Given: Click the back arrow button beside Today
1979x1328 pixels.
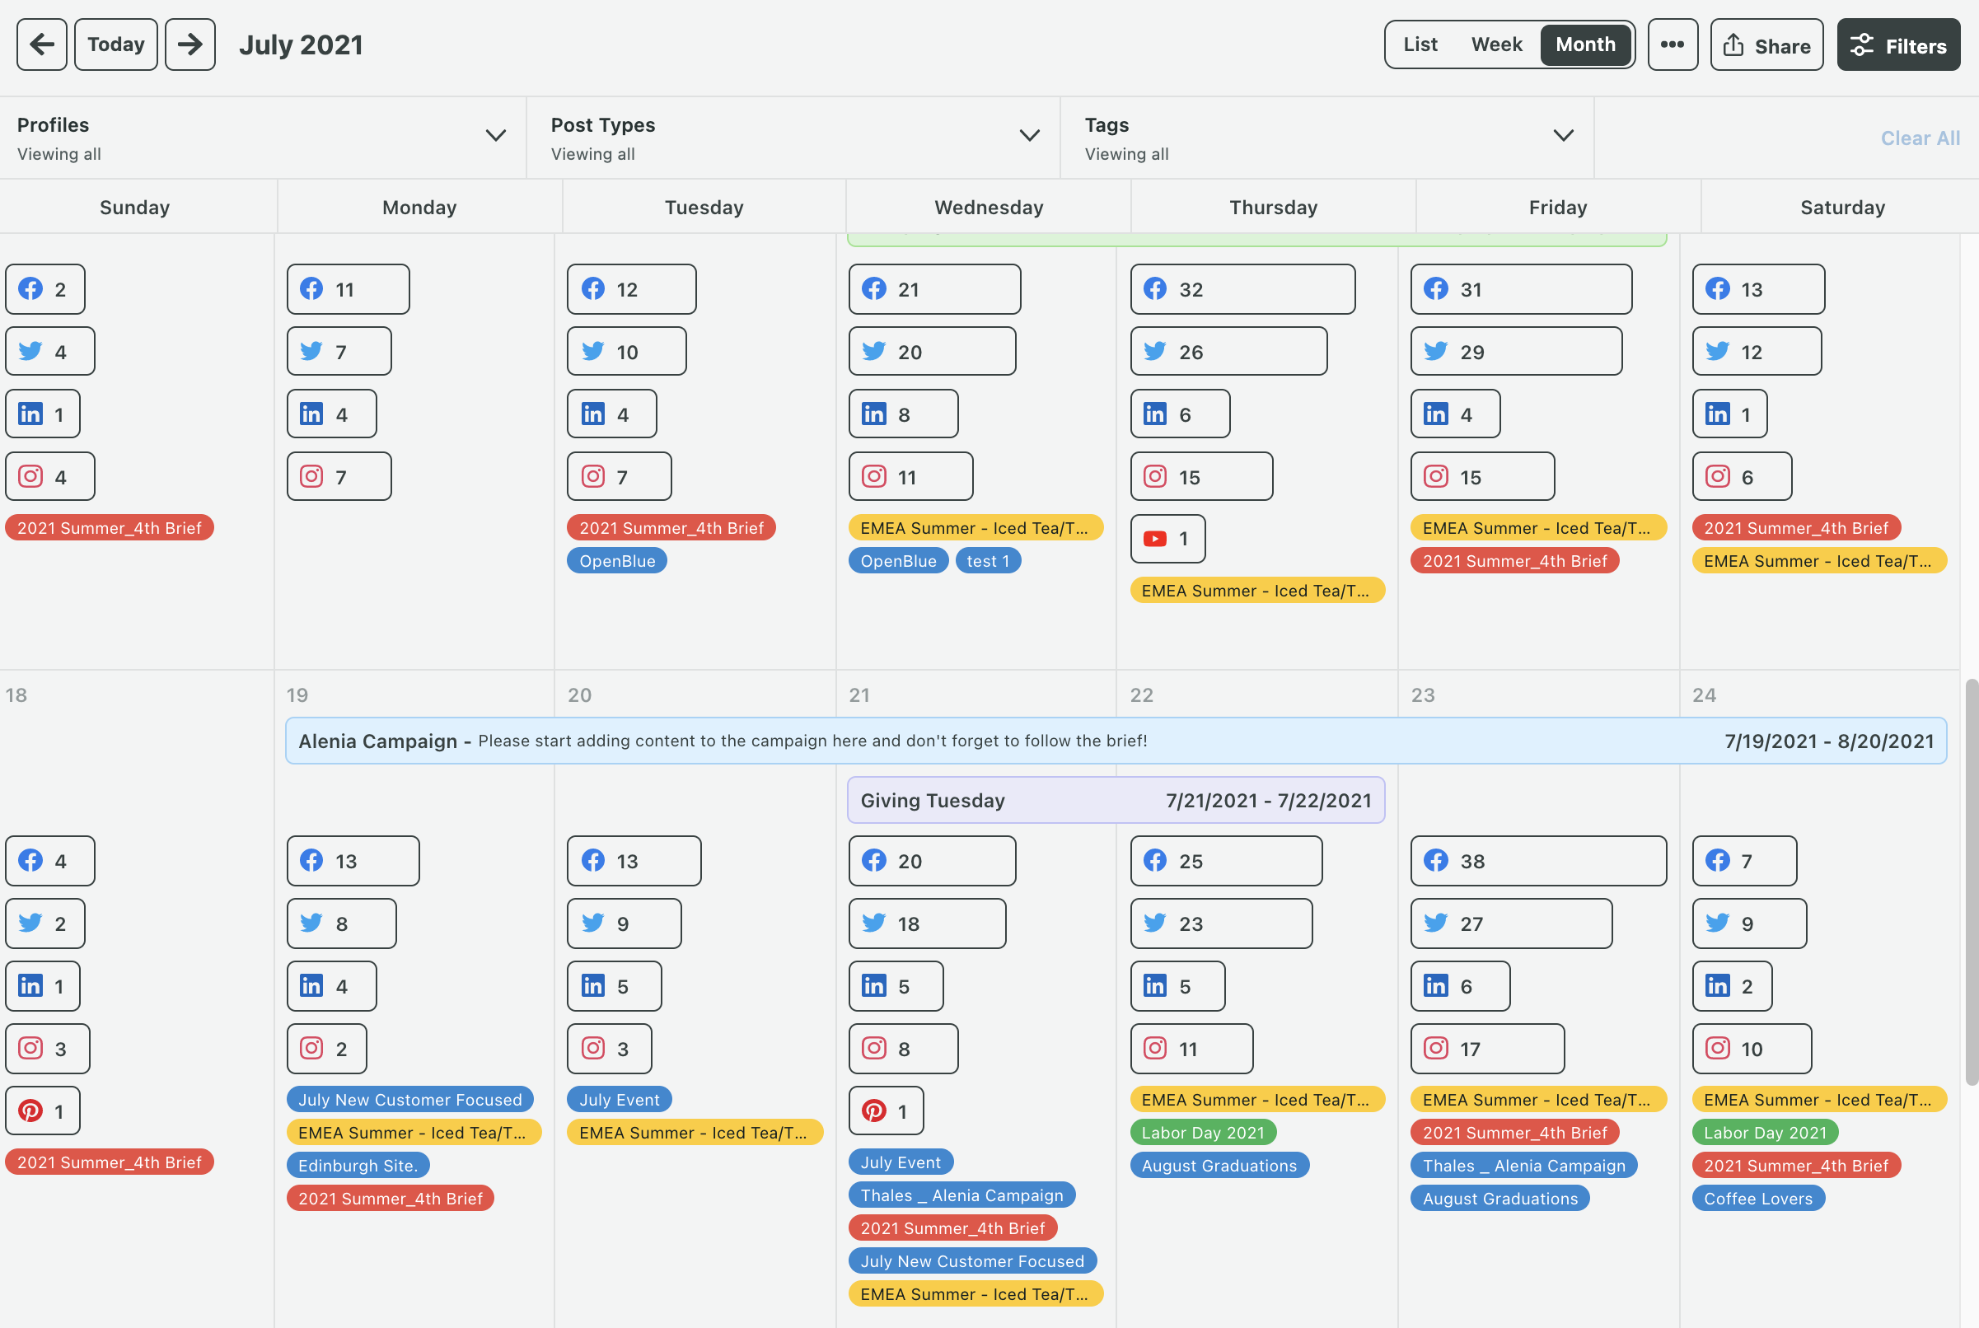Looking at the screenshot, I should pos(41,44).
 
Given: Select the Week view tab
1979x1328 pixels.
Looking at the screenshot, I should pos(1495,44).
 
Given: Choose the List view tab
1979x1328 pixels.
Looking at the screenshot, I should pos(1420,44).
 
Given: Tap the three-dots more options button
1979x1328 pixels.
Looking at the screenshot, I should pos(1672,44).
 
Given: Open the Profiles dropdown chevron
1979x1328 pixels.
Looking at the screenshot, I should pos(495,135).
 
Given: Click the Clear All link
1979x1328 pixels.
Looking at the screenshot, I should pos(1919,138).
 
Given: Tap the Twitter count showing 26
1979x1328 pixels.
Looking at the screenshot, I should pos(1228,352).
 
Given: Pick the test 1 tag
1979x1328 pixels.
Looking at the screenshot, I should pos(987,561).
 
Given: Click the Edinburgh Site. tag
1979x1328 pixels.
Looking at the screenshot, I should pos(358,1166).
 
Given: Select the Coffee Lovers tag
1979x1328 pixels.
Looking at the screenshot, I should pos(1757,1199).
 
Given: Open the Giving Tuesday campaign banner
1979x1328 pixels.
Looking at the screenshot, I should pos(1115,801).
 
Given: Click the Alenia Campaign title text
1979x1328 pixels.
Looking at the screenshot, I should pos(377,741).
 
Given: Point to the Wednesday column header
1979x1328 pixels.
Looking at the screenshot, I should pos(988,208).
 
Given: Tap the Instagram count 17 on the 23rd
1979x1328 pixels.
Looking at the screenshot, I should pos(1486,1049).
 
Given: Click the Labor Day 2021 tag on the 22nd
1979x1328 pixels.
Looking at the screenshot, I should pos(1201,1133).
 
